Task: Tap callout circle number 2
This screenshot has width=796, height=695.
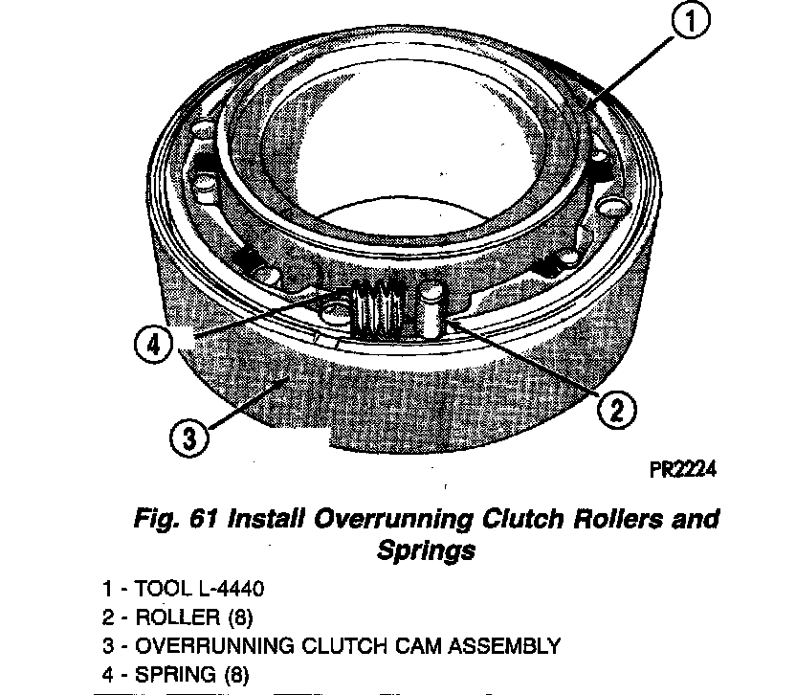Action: pyautogui.click(x=615, y=410)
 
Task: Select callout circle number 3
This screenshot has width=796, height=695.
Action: pyautogui.click(x=189, y=437)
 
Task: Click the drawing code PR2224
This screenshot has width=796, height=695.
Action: pyautogui.click(x=680, y=469)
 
